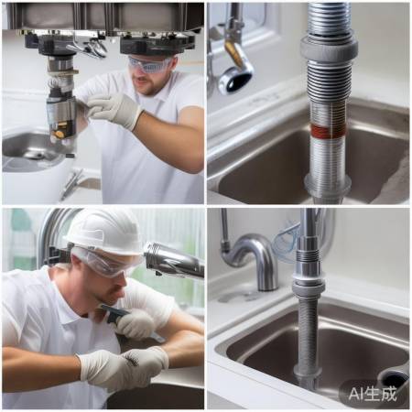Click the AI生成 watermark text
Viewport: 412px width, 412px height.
(x=373, y=394)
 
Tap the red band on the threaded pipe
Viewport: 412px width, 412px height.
(x=329, y=131)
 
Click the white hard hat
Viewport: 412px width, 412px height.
(x=104, y=231)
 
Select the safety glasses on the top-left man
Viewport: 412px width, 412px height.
(x=150, y=65)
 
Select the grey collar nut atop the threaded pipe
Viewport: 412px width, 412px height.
(x=329, y=49)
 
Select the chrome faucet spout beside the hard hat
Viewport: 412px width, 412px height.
(x=174, y=260)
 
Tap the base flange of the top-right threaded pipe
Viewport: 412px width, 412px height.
(x=328, y=186)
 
